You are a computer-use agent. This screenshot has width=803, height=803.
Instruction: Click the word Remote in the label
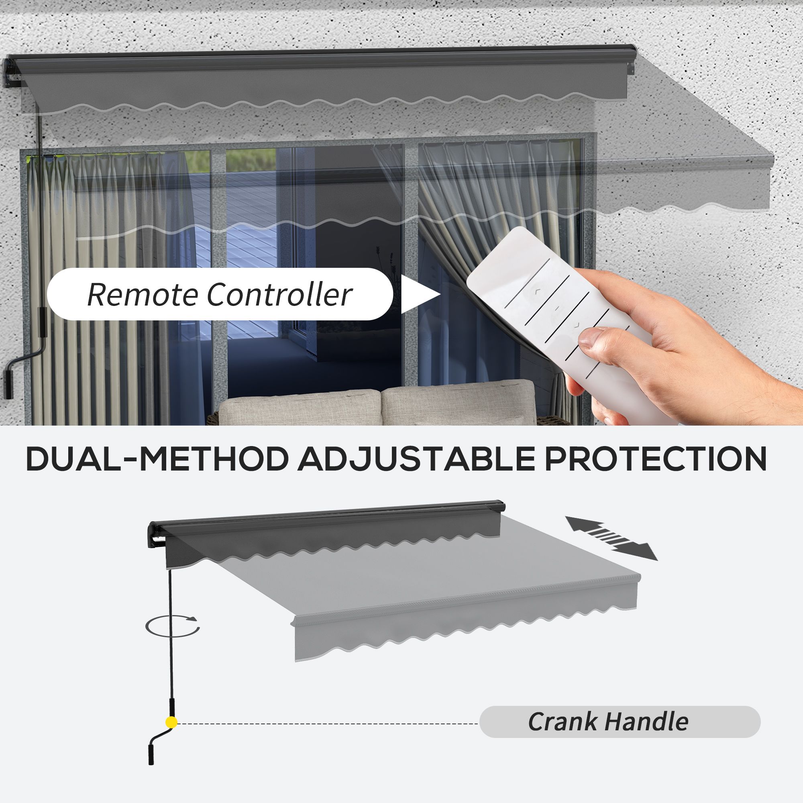tap(142, 295)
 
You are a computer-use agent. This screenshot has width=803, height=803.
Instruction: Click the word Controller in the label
tap(280, 295)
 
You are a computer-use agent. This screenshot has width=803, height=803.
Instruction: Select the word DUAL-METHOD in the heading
tap(157, 459)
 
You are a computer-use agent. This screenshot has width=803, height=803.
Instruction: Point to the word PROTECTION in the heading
tap(656, 459)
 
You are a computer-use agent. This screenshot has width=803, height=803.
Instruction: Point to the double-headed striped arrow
tap(611, 538)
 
